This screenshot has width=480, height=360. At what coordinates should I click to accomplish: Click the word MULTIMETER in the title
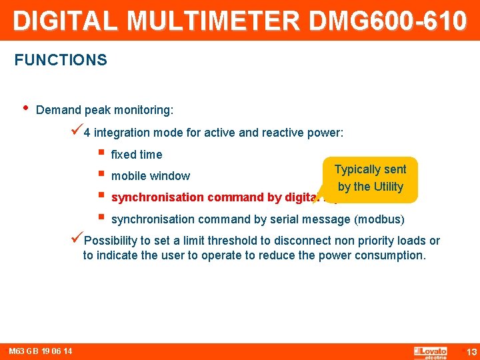pos(214,21)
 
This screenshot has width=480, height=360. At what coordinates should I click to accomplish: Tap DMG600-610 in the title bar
pos(387,21)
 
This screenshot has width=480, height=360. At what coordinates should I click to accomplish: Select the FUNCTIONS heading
pos(61,60)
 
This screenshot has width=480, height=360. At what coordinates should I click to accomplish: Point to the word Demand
pos(57,109)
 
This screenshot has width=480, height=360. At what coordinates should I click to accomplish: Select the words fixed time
pos(137,155)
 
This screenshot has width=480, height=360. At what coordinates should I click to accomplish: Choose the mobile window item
pos(151,176)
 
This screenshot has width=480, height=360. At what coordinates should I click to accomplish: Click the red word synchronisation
pos(158,197)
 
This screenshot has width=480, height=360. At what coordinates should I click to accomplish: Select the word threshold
pos(223,241)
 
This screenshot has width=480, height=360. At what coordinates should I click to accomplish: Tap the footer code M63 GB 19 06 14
pos(41,351)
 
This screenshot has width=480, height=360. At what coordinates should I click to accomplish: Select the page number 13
pos(471,352)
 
